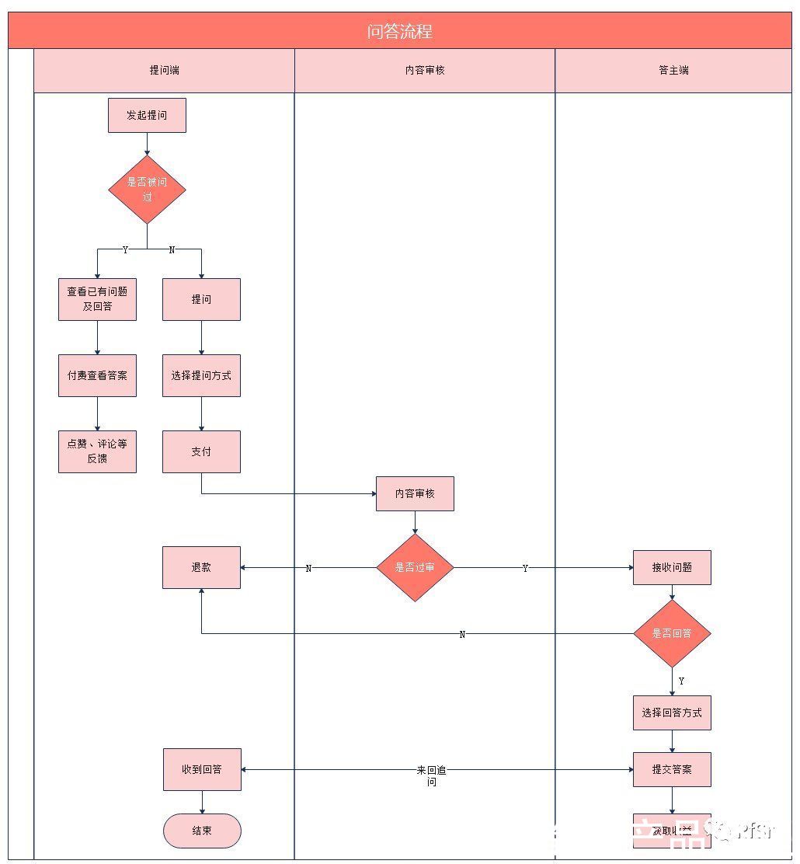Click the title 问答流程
(x=399, y=31)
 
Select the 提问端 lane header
(x=164, y=70)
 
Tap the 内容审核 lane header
(x=425, y=70)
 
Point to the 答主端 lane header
(x=673, y=70)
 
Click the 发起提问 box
(x=147, y=115)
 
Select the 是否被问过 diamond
(x=147, y=189)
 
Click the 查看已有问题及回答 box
(x=97, y=299)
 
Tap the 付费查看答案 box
(x=97, y=375)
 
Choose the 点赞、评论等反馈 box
(x=97, y=451)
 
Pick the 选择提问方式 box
(x=201, y=375)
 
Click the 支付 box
(x=201, y=451)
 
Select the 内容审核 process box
(x=415, y=493)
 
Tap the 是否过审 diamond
(x=415, y=567)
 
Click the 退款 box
(x=201, y=567)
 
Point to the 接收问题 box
(x=672, y=567)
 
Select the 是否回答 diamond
(x=672, y=633)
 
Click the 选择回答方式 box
(x=672, y=712)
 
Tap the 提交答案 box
(x=672, y=769)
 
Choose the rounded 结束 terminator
(x=202, y=831)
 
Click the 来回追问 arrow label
(x=432, y=775)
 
